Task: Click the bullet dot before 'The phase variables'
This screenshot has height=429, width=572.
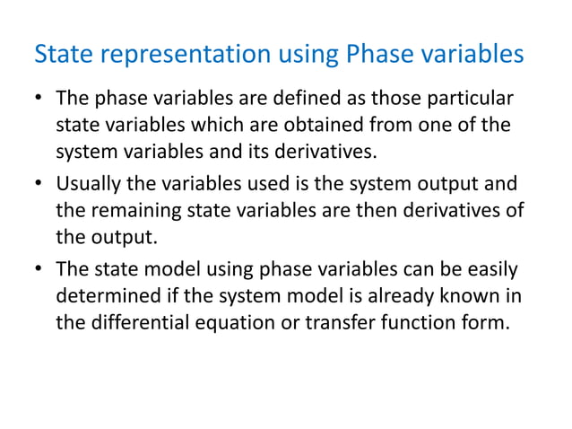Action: pos(39,97)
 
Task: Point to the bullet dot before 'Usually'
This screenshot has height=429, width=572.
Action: pos(39,184)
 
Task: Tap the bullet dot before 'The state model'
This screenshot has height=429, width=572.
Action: pos(39,270)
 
